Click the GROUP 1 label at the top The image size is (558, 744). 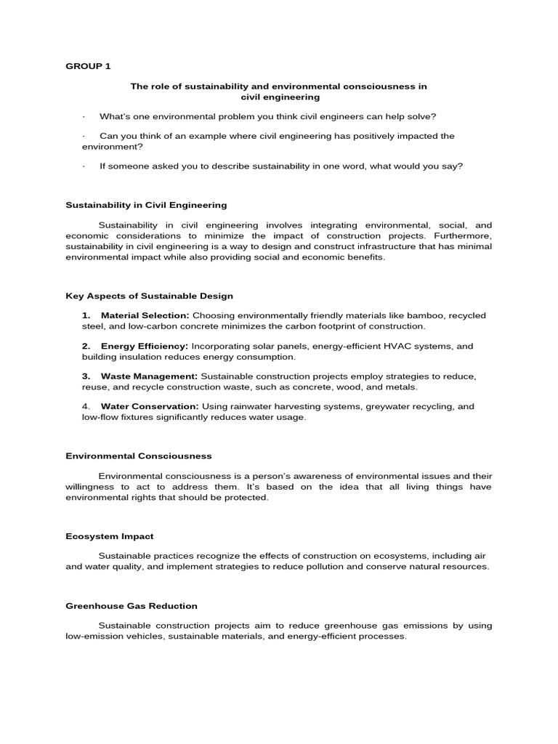pos(88,66)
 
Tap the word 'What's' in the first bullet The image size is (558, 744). pos(115,116)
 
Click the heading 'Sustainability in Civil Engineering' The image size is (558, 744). pos(146,206)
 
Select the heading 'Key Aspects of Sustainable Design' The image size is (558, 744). pos(149,296)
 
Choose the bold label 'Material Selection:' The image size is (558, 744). pos(145,315)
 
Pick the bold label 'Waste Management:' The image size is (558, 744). pos(149,376)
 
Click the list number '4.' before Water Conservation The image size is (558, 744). pos(86,407)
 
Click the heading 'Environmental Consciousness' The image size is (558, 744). pos(139,456)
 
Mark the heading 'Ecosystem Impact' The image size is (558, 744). pos(110,536)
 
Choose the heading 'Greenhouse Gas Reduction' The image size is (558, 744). pos(132,606)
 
